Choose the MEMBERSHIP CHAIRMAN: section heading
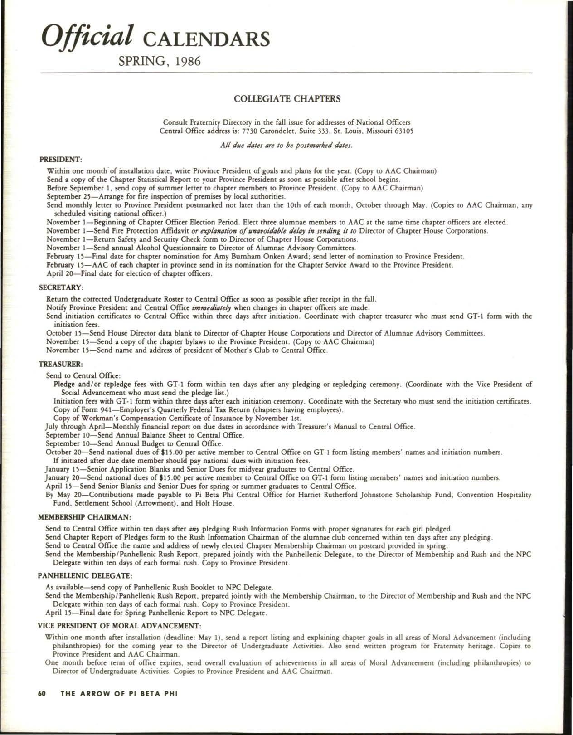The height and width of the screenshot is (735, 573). pyautogui.click(x=85, y=517)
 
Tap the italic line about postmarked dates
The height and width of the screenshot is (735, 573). pyautogui.click(x=286, y=146)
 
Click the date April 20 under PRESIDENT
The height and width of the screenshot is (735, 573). pyautogui.click(x=61, y=273)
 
